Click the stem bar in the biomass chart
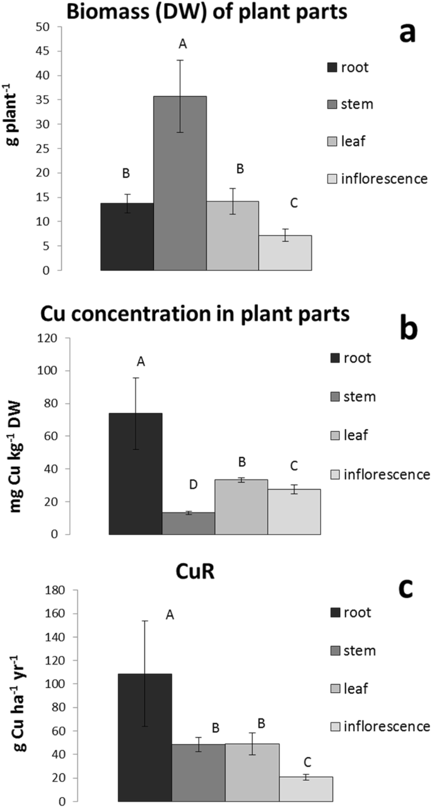coord(180,183)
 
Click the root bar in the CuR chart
coord(145,737)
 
